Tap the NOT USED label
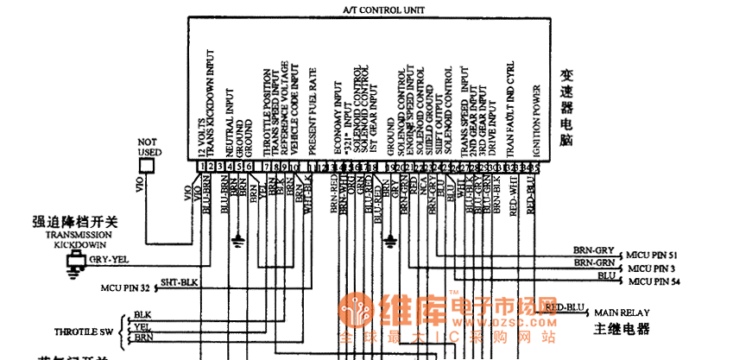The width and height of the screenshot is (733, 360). point(149,146)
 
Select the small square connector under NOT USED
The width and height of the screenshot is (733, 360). point(148,166)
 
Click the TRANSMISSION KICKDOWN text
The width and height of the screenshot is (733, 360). point(79,240)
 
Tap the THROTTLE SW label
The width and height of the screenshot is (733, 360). point(84,331)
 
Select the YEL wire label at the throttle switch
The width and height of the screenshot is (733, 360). point(142,327)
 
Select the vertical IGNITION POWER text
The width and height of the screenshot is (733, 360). point(536,120)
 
